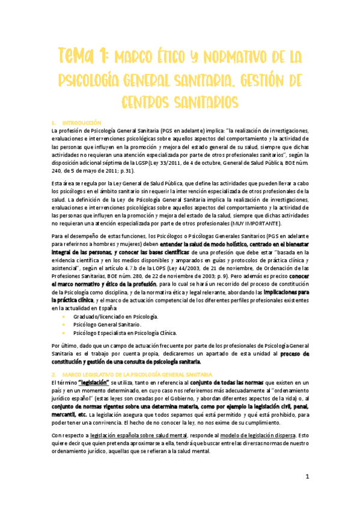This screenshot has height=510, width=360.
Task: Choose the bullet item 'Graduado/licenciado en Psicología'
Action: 116,316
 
